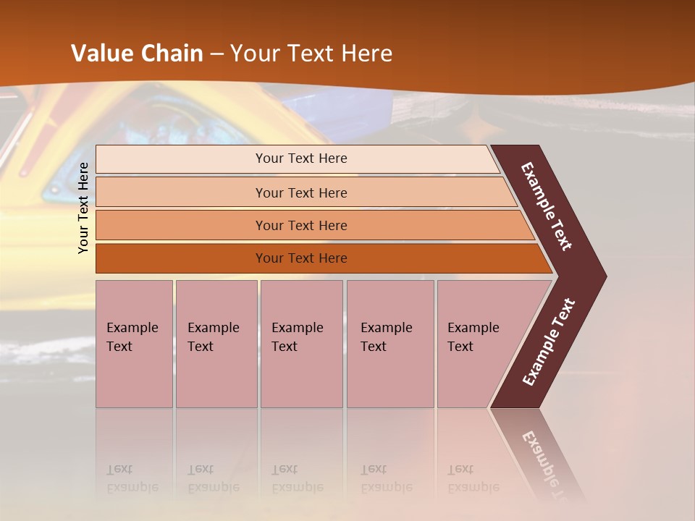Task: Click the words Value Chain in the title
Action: pyautogui.click(x=137, y=54)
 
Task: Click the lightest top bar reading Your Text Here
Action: pyautogui.click(x=300, y=158)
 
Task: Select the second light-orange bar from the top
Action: pyautogui.click(x=300, y=192)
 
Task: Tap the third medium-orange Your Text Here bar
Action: pyautogui.click(x=300, y=225)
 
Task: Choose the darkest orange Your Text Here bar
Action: pyautogui.click(x=300, y=258)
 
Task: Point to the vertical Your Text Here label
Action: pyautogui.click(x=83, y=208)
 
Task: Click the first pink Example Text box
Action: pyautogui.click(x=134, y=344)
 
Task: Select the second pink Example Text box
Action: pyautogui.click(x=216, y=344)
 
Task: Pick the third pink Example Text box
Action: pyautogui.click(x=301, y=344)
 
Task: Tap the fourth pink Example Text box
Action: pyautogui.click(x=390, y=344)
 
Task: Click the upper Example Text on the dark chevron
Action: pyautogui.click(x=547, y=206)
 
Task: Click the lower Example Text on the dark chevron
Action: pyautogui.click(x=548, y=342)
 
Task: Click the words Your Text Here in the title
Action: pyautogui.click(x=311, y=54)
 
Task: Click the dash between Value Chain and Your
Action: pyautogui.click(x=216, y=54)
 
